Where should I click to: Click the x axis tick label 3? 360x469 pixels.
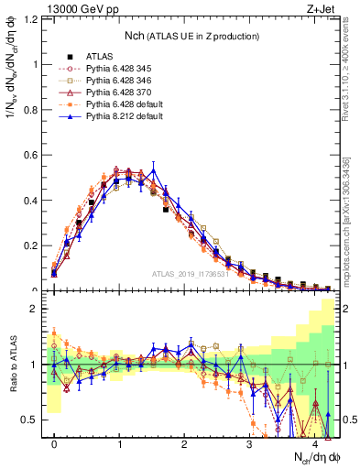click(x=249, y=444)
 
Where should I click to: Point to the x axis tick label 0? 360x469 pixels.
click(x=54, y=444)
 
